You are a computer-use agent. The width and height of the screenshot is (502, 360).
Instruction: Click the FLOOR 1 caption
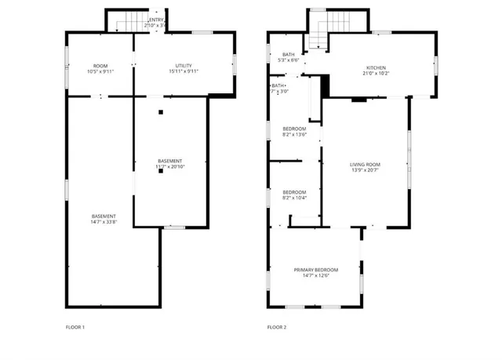[75, 326]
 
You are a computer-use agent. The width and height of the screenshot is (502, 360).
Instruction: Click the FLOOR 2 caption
[276, 326]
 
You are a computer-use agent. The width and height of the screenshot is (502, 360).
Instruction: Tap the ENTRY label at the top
[156, 20]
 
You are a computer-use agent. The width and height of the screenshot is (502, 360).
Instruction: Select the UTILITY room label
[184, 66]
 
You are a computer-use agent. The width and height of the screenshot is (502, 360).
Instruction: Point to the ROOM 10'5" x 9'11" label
[100, 66]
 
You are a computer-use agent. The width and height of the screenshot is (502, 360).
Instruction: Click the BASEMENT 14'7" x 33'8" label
[104, 216]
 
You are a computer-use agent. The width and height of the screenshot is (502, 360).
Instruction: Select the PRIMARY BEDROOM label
[316, 270]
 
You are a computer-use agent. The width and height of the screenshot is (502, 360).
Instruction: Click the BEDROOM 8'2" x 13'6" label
[294, 128]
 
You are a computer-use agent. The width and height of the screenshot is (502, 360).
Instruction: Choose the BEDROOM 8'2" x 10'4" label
[294, 192]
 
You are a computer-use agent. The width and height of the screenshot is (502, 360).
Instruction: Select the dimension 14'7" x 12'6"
[316, 275]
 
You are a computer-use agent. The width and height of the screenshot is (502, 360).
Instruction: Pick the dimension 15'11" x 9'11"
[184, 71]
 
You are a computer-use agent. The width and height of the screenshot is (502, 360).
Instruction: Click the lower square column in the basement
[160, 171]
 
